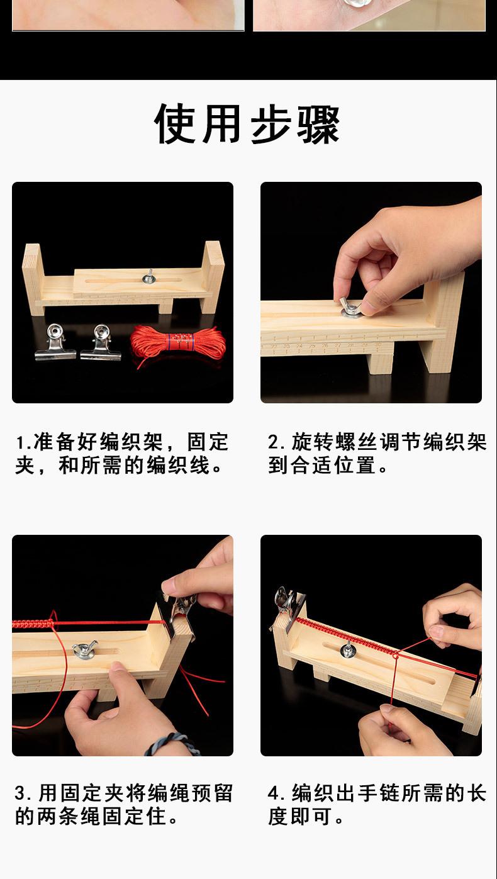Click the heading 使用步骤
point(247,124)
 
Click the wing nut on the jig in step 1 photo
point(149,277)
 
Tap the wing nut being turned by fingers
point(350,307)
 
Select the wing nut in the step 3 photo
point(84,649)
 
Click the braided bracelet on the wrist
point(167,743)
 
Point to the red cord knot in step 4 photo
point(395,656)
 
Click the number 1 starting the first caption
point(20,442)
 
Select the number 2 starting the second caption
point(273,442)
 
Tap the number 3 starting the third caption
point(20,793)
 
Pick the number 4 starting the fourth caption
point(273,793)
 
